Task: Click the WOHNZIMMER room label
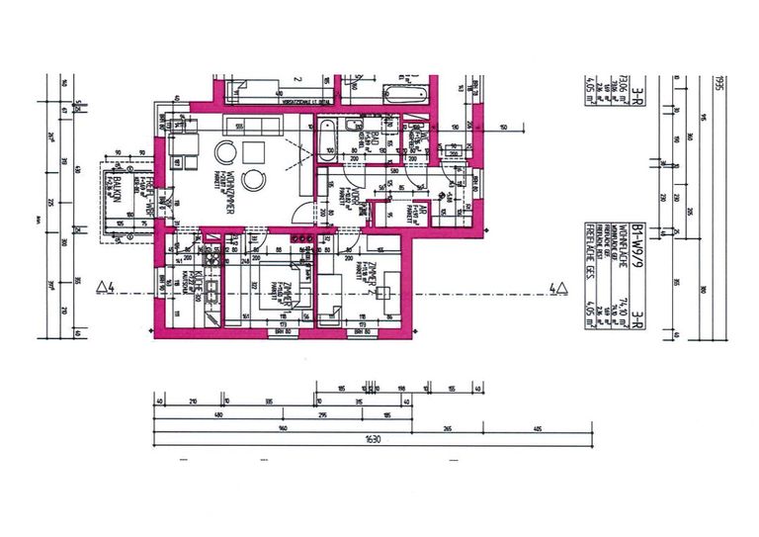click(x=229, y=184)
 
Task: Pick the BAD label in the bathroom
click(x=374, y=147)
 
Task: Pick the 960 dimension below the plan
click(x=282, y=428)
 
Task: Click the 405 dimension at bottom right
click(x=537, y=428)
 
